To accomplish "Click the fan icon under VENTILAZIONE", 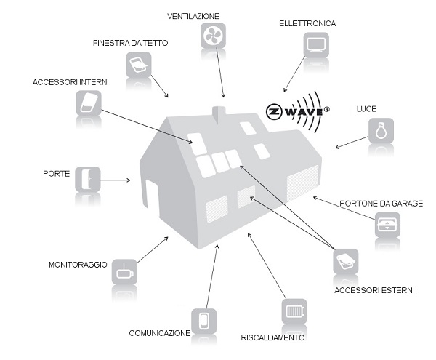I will pyautogui.click(x=213, y=36).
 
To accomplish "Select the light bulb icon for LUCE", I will pyautogui.click(x=380, y=131).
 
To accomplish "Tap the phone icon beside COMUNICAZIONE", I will pyautogui.click(x=203, y=320).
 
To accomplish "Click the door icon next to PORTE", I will pyautogui.click(x=87, y=178).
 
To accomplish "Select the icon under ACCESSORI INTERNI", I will pyautogui.click(x=88, y=103).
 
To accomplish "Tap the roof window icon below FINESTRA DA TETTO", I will pyautogui.click(x=138, y=65).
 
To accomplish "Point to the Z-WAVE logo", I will pyautogui.click(x=297, y=113).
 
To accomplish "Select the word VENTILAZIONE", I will pyautogui.click(x=193, y=15).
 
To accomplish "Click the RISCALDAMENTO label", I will pyautogui.click(x=273, y=337).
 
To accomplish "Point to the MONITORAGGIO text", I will pyautogui.click(x=78, y=265).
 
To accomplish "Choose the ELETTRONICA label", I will pyautogui.click(x=307, y=23).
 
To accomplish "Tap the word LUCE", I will pyautogui.click(x=366, y=109).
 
